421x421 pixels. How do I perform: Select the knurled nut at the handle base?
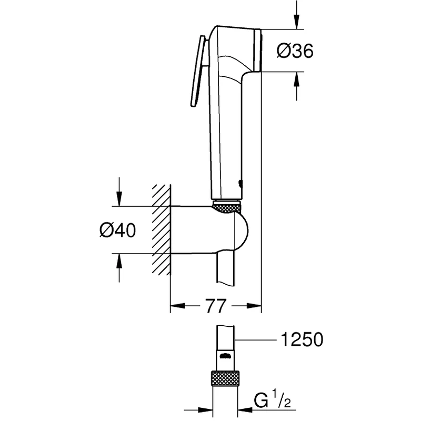click(x=227, y=206)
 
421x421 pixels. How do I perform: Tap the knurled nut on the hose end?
click(x=225, y=379)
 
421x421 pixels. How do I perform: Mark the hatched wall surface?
click(x=162, y=228)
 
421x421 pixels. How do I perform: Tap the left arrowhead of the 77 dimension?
click(x=176, y=305)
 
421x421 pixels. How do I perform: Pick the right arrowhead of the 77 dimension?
click(x=255, y=305)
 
